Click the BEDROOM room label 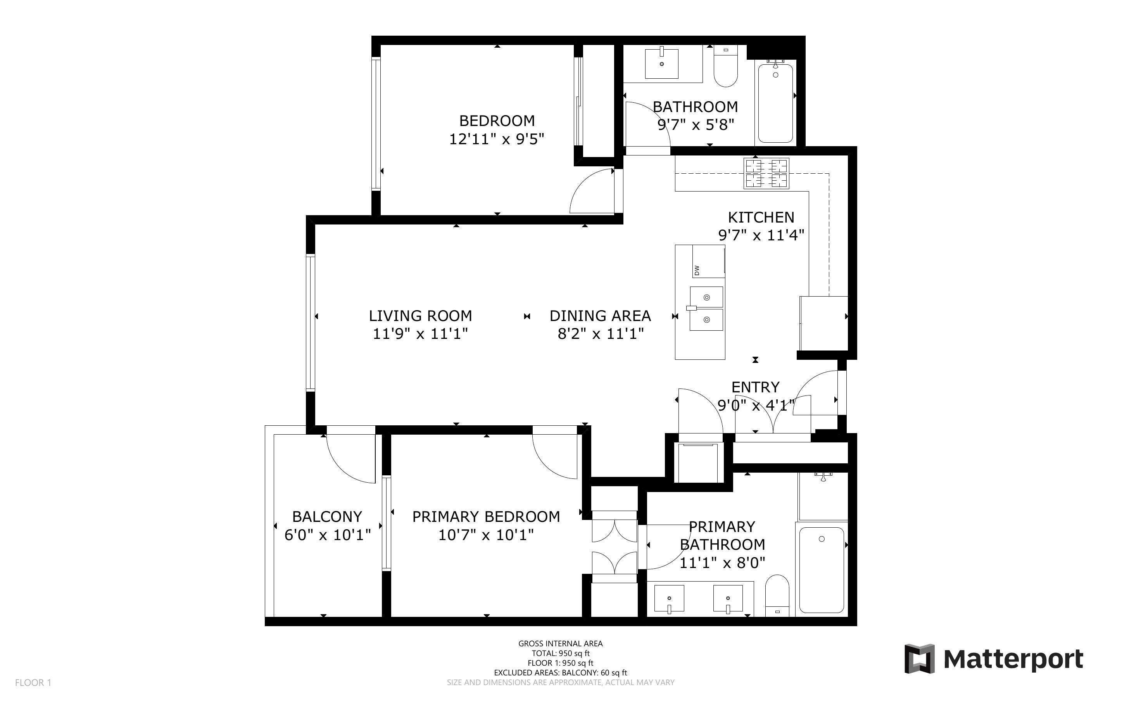496,121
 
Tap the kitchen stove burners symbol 766,173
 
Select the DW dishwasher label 697,269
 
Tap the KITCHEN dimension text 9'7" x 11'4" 761,235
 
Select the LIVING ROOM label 420,316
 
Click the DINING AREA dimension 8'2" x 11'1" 600,333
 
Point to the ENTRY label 755,387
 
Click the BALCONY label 327,516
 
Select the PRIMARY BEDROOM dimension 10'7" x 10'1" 486,535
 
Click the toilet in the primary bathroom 777,595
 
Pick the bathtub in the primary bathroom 821,570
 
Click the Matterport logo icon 919,658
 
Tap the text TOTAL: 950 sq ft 560,653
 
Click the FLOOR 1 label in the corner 33,682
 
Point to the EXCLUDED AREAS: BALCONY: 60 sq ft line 560,673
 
